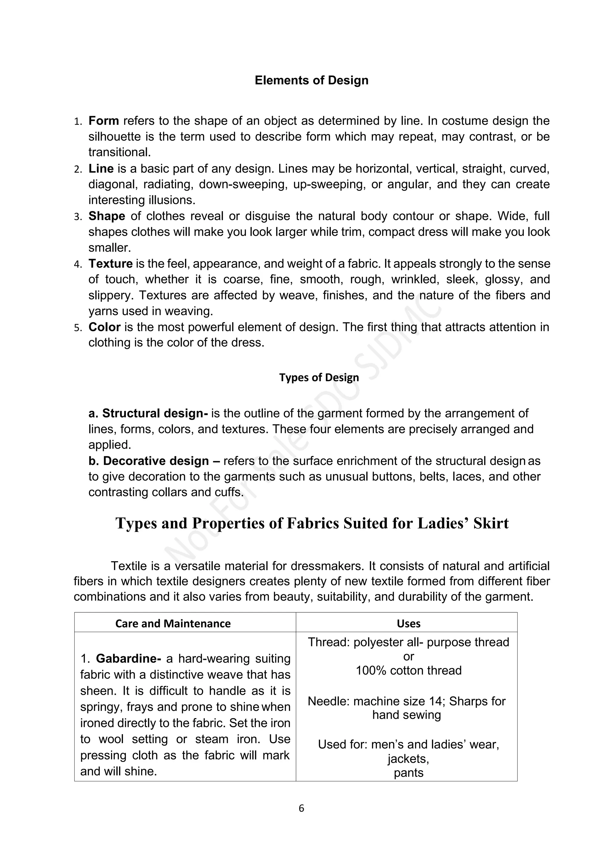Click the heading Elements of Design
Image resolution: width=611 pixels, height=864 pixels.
click(311, 80)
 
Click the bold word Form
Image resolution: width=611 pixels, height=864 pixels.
click(104, 121)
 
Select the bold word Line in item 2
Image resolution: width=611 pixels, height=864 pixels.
click(101, 169)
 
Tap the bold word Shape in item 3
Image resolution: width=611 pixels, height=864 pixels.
click(107, 216)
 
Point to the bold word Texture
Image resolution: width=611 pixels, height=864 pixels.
click(110, 264)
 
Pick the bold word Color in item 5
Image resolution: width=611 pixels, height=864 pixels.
click(104, 327)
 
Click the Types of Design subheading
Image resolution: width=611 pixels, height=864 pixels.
click(319, 378)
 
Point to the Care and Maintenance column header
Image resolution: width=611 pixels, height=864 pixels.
click(173, 623)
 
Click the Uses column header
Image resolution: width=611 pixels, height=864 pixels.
click(409, 623)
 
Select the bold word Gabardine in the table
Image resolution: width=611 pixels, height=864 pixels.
click(128, 659)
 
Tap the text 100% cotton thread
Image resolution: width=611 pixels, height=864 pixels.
click(409, 670)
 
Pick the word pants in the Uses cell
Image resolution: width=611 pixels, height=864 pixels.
click(409, 773)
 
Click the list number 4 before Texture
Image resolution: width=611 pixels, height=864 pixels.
click(78, 264)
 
